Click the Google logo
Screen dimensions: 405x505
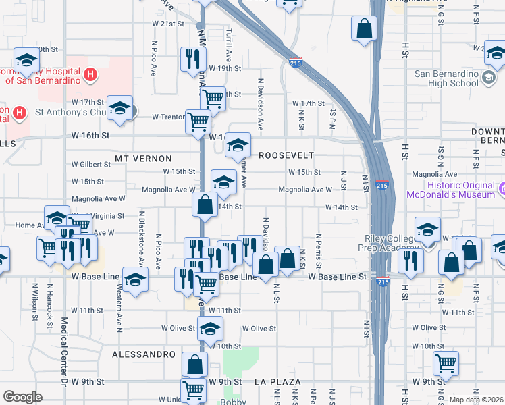[x=22, y=397]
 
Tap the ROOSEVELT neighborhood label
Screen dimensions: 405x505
[x=286, y=155]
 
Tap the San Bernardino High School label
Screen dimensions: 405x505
[x=446, y=78]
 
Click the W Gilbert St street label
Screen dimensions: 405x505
[x=91, y=164]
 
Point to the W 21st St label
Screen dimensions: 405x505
[x=167, y=24]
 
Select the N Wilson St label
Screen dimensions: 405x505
[x=34, y=297]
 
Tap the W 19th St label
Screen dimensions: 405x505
[x=225, y=68]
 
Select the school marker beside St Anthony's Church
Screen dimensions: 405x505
[x=119, y=109]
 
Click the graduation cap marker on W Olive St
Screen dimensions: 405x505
[x=211, y=329]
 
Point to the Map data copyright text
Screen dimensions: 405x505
[x=477, y=400]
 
